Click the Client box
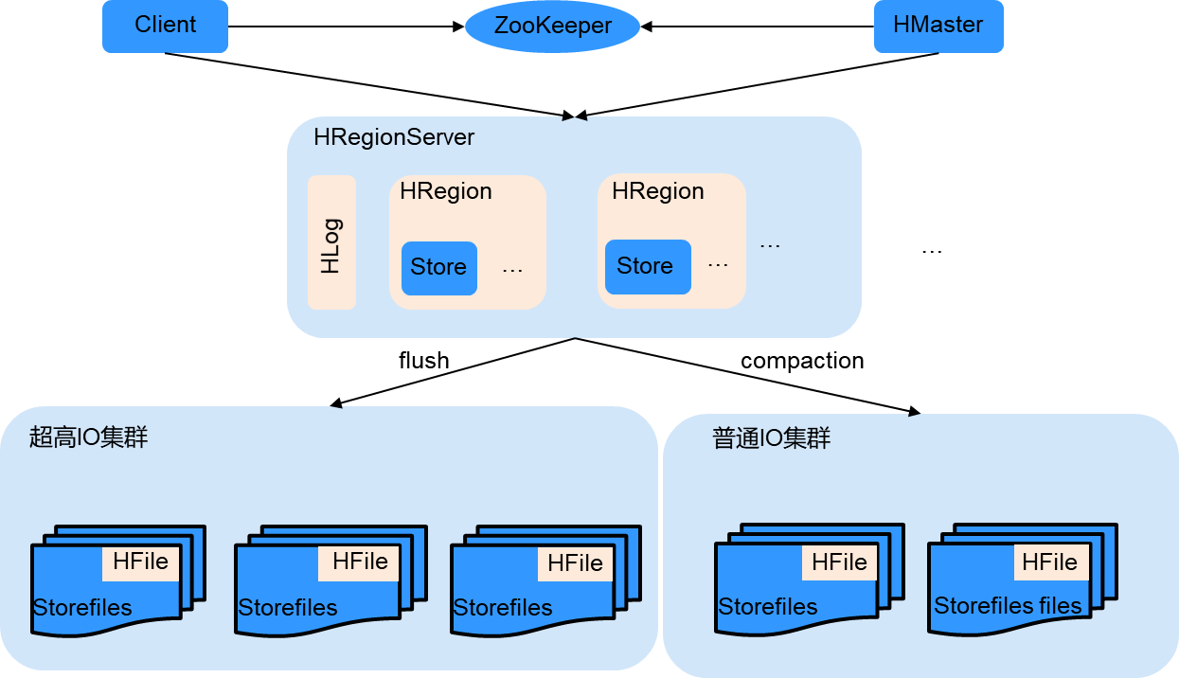165,26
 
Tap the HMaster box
938,26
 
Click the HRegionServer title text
394,137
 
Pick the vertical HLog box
331,242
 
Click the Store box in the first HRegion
438,267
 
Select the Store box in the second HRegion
647,266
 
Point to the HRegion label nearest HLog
446,191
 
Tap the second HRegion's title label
658,191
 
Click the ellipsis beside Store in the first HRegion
512,270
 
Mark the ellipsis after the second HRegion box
770,245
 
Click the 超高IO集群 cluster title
89,437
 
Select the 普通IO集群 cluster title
772,438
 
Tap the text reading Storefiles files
1008,606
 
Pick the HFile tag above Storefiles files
1049,562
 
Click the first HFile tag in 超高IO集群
140,562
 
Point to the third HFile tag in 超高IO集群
575,563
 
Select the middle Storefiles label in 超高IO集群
288,608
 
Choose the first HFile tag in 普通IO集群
839,562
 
